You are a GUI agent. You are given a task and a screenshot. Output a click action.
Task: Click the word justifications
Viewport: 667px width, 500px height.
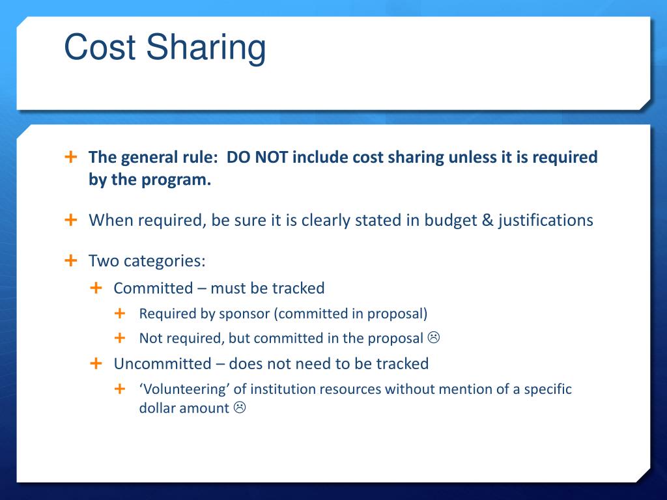(546, 221)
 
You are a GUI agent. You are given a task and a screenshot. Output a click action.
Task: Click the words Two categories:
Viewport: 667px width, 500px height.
(147, 261)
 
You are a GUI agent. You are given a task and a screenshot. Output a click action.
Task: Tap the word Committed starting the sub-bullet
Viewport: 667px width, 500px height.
(153, 288)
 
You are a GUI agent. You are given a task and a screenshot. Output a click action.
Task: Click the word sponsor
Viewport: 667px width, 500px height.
(244, 314)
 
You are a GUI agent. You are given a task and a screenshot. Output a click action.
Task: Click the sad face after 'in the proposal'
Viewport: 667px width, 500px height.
(434, 338)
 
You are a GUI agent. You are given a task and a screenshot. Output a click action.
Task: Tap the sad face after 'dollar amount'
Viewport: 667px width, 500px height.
(239, 408)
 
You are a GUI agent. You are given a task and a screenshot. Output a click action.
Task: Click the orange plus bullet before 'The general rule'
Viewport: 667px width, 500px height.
(71, 157)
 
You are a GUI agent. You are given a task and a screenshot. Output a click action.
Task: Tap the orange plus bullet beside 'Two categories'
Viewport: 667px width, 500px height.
(71, 260)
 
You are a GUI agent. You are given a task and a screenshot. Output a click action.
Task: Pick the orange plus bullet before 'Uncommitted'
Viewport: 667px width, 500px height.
(96, 363)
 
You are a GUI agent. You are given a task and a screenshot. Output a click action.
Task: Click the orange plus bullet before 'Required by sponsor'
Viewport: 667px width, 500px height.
(120, 313)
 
